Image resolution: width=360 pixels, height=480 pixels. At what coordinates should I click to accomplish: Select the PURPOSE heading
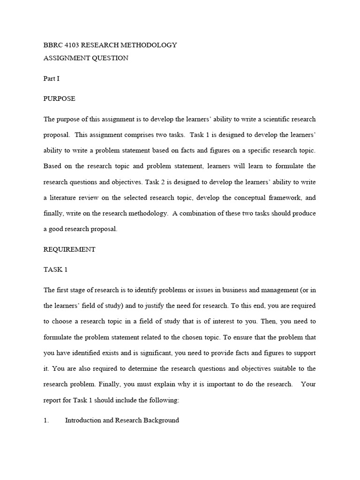tap(59, 99)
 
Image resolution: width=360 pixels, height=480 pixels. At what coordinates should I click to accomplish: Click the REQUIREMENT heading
tap(69, 249)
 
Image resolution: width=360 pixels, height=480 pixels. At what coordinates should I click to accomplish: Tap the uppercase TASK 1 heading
tap(56, 270)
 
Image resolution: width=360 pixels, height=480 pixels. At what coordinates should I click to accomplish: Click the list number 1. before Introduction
tap(46, 420)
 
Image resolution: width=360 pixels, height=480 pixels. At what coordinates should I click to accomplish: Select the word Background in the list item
tap(158, 420)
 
